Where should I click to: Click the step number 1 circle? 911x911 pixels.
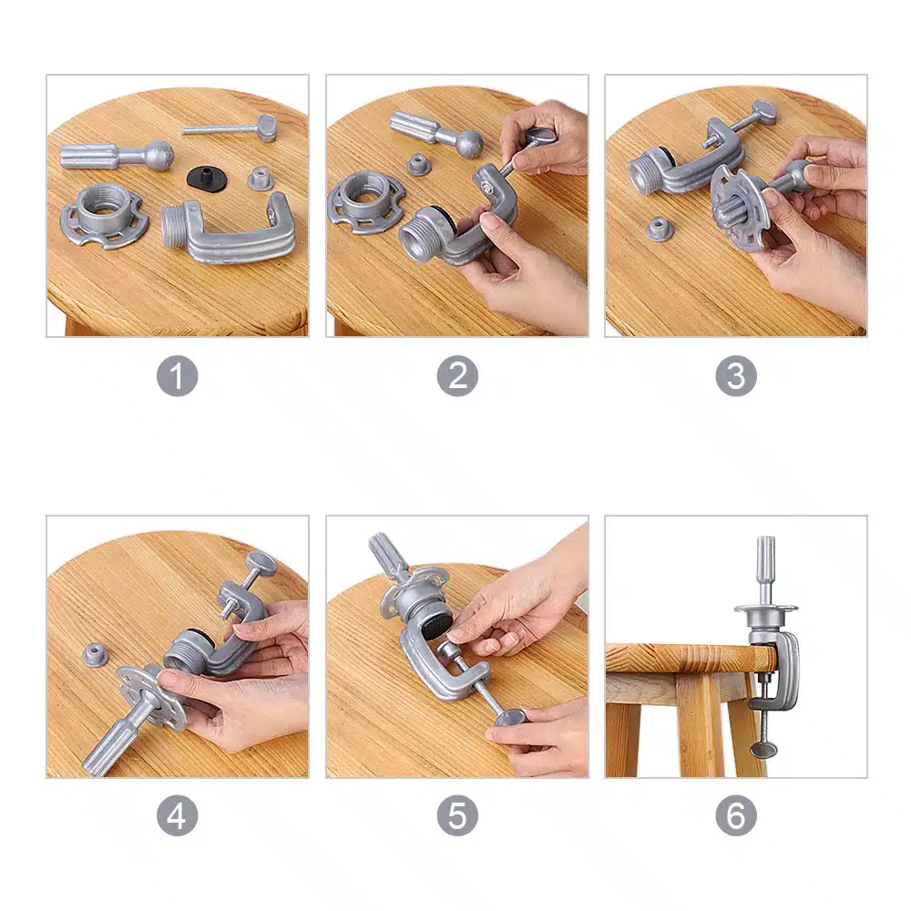pyautogui.click(x=178, y=376)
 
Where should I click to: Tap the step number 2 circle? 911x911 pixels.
pyautogui.click(x=457, y=376)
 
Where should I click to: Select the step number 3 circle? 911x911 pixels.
pyautogui.click(x=736, y=376)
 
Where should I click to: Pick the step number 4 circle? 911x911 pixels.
pyautogui.click(x=178, y=815)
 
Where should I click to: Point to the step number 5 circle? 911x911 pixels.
pyautogui.click(x=457, y=815)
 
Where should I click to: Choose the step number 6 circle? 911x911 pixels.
pyautogui.click(x=736, y=815)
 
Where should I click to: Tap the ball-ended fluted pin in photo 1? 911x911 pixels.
pyautogui.click(x=117, y=155)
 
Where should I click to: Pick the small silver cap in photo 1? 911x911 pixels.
pyautogui.click(x=261, y=179)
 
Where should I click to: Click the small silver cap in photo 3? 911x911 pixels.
pyautogui.click(x=658, y=229)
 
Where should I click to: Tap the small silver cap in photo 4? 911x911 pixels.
pyautogui.click(x=96, y=655)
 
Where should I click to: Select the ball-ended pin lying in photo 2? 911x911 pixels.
pyautogui.click(x=435, y=135)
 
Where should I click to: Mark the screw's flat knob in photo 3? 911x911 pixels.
pyautogui.click(x=763, y=111)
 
